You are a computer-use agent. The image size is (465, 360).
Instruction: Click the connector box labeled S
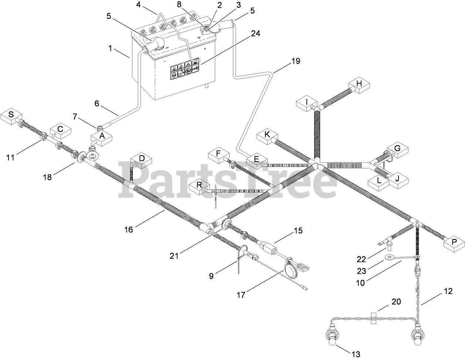pos(11,115)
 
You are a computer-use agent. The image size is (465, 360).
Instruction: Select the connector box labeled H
pos(359,85)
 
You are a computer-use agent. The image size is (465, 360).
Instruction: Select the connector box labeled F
pos(218,153)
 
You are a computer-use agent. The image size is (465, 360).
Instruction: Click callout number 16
pos(128,230)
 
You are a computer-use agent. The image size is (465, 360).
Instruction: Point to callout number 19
pos(295,61)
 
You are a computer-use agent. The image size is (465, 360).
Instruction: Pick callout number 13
pos(356,354)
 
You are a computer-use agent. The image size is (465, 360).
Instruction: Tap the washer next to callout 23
pos(388,258)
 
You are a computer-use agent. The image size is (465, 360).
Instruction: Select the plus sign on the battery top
pos(205,48)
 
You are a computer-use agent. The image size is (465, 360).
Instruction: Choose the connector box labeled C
pos(61,130)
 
